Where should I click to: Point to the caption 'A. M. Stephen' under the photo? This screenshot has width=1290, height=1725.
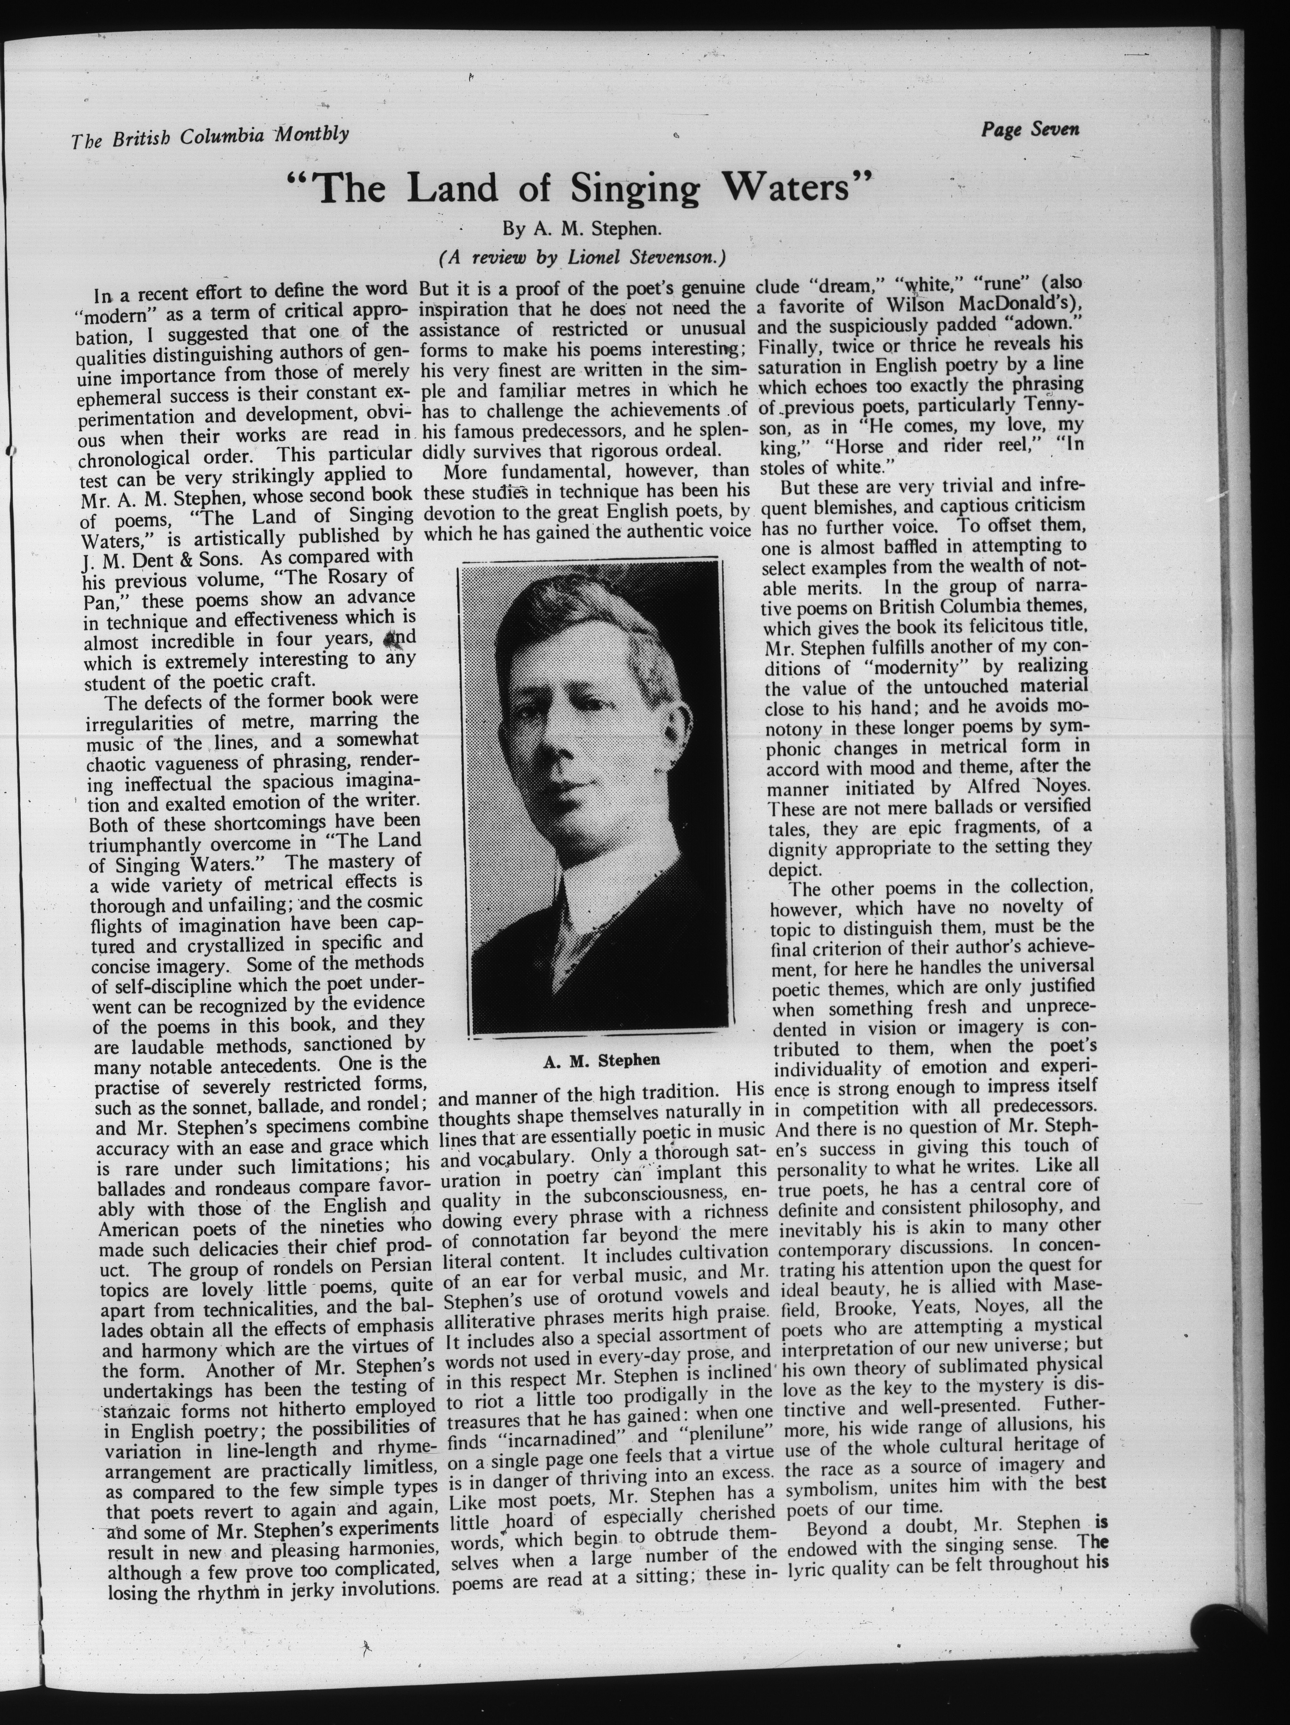point(601,1060)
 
